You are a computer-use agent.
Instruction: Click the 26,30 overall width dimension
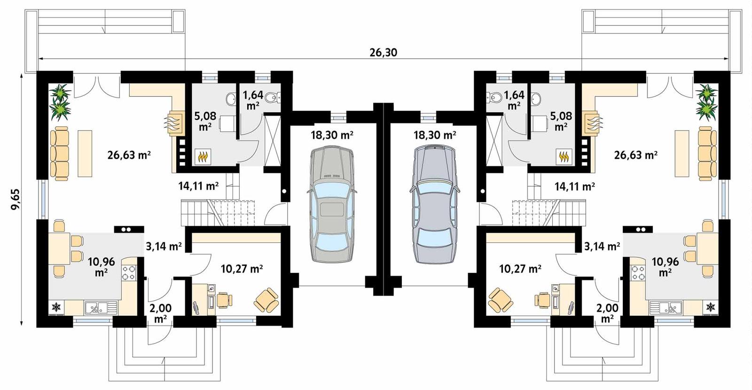tap(383, 52)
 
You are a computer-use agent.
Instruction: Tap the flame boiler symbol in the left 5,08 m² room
tap(203, 156)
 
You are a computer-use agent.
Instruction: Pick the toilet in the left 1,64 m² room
tap(272, 98)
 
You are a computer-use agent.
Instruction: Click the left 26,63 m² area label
tap(128, 155)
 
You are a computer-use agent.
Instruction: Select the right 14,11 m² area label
tap(575, 187)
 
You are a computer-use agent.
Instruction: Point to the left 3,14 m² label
tap(164, 246)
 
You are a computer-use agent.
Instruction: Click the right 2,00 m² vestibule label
tap(607, 313)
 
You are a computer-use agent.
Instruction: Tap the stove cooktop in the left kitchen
tap(129, 273)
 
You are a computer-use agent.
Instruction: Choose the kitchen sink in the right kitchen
tap(668, 308)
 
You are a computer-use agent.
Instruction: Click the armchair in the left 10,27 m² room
tap(266, 300)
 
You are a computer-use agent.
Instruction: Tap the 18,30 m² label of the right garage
tap(434, 135)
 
